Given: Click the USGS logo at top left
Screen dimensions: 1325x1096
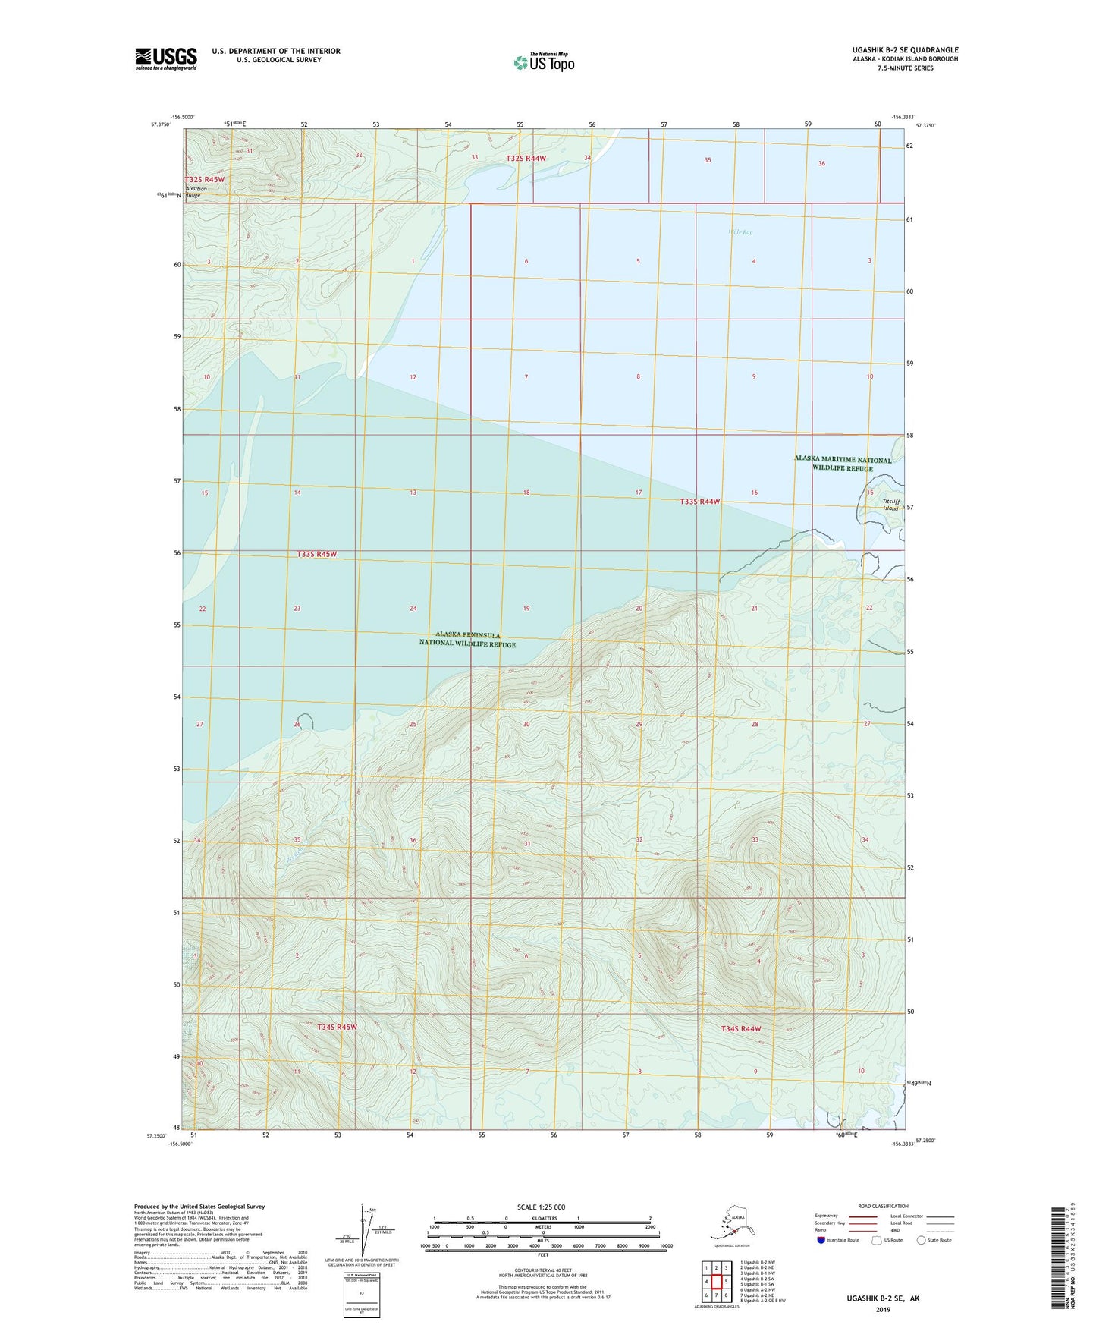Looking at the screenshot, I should [x=166, y=58].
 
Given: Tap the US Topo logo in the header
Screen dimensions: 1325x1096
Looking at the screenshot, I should [x=544, y=61].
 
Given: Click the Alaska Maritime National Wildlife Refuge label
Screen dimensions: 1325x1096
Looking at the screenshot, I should [x=843, y=464].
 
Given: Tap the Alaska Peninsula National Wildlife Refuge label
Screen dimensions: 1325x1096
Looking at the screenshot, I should [x=468, y=639].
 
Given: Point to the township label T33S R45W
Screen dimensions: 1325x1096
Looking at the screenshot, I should [x=316, y=554].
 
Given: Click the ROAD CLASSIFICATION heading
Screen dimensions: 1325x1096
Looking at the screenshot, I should [x=883, y=1206].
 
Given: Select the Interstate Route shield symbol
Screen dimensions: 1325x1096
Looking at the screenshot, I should [x=821, y=1240].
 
